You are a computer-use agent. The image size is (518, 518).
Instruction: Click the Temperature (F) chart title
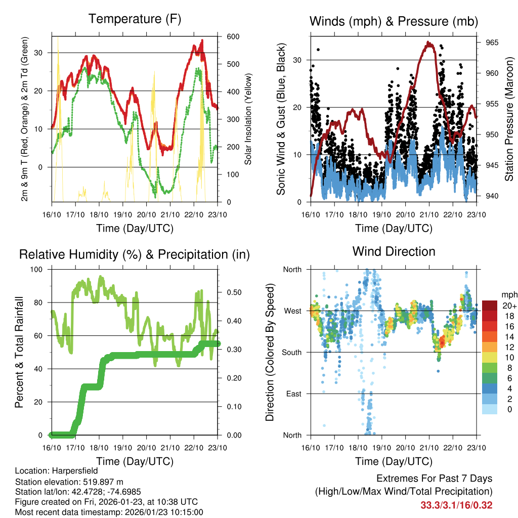point(135,19)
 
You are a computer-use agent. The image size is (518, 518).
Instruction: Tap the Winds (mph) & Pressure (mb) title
point(394,21)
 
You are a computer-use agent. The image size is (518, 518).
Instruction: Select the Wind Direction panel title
point(394,251)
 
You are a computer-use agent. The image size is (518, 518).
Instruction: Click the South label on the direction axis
point(292,352)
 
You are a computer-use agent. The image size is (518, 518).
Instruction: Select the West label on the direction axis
point(293,311)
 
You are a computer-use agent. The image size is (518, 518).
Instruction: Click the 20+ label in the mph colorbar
point(509,306)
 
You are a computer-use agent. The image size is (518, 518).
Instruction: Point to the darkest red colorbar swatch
point(489,306)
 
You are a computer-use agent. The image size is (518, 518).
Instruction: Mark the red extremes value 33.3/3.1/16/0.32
point(456,505)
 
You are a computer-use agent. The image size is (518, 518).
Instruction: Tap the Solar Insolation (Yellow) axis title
point(248,119)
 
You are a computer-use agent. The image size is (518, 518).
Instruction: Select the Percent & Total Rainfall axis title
point(19,352)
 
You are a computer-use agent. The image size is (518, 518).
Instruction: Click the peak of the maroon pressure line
point(429,44)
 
